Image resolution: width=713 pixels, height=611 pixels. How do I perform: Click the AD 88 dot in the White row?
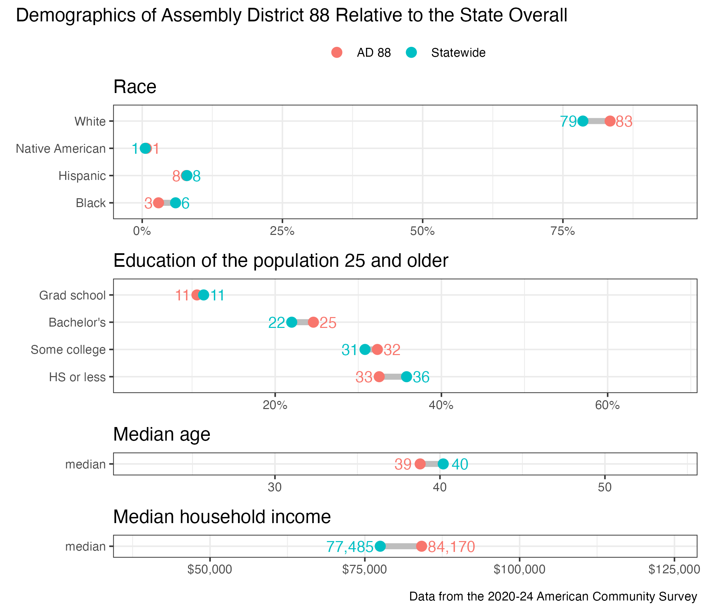click(610, 121)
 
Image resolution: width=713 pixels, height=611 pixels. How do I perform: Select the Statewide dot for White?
click(583, 121)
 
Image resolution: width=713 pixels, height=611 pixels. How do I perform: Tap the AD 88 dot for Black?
click(158, 203)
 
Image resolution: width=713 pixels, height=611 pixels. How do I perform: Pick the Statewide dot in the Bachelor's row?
click(291, 322)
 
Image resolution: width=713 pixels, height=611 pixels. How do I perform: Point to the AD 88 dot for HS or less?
click(379, 377)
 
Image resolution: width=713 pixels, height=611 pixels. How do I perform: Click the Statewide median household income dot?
click(380, 546)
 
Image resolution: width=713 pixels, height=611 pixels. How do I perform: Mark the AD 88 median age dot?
click(420, 464)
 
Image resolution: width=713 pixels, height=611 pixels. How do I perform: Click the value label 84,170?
click(451, 547)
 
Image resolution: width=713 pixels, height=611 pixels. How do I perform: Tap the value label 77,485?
click(350, 547)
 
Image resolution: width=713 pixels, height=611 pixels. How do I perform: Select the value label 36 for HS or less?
click(421, 377)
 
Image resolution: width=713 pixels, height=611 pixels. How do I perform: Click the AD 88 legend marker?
click(337, 53)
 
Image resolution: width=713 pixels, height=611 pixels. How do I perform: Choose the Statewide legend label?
click(458, 53)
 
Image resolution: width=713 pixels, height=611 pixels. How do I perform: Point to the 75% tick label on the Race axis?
click(563, 231)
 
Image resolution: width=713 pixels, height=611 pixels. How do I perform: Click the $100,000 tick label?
click(519, 569)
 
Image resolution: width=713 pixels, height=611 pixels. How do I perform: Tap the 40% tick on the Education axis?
click(441, 405)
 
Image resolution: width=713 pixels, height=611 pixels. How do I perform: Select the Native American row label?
click(61, 149)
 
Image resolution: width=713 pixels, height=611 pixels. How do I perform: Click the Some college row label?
click(68, 350)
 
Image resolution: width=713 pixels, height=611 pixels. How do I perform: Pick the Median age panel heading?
click(162, 434)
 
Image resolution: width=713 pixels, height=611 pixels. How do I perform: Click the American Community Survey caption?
click(553, 596)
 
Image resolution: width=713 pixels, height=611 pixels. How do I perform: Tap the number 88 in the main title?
click(320, 16)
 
